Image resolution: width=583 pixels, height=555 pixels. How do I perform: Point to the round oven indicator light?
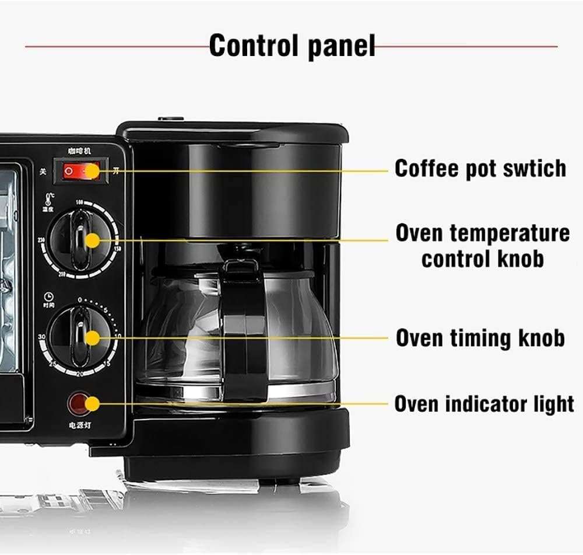pos(79,403)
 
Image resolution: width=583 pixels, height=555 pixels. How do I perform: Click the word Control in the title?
pos(251,45)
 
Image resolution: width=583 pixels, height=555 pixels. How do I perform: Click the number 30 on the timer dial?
pos(41,338)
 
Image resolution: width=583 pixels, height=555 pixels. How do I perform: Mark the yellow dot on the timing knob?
pos(92,337)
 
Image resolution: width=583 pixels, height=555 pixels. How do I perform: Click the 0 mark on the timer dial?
pos(79,299)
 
